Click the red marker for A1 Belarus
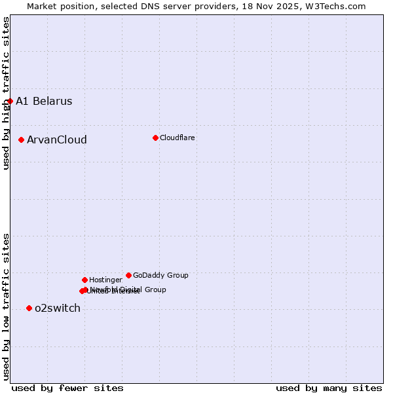tap(10, 101)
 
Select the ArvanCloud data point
tap(22, 140)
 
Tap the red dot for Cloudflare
tap(155, 138)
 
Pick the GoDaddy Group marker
tap(128, 275)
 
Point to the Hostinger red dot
tap(84, 280)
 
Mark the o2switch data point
tap(29, 308)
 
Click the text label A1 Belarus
tap(44, 101)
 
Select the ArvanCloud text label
tap(56, 140)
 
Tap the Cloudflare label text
tap(177, 138)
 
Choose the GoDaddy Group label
tap(160, 275)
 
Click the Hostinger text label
tap(105, 280)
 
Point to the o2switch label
tap(57, 308)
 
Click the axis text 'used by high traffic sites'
tap(6, 93)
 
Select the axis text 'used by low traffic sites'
tap(6, 306)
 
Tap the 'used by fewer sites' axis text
tap(67, 388)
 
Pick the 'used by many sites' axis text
tap(329, 388)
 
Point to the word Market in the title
tap(43, 6)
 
